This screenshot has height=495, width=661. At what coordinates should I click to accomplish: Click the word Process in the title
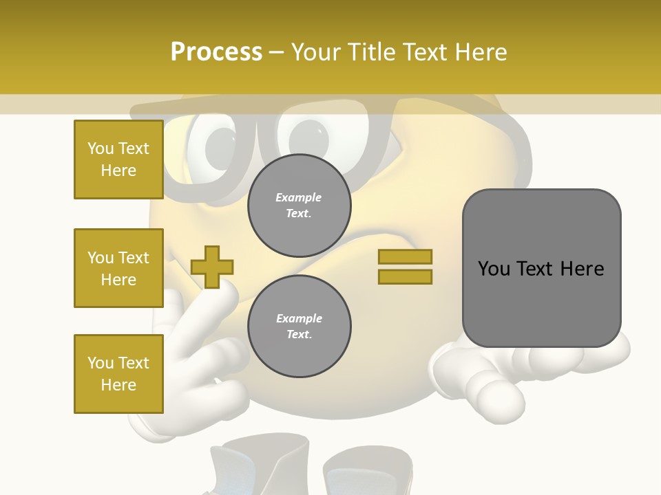[x=216, y=52]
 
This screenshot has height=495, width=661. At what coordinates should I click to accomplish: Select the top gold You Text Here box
[x=118, y=159]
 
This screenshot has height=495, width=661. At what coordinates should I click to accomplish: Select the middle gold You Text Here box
[x=118, y=268]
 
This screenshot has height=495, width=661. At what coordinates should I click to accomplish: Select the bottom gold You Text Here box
[x=118, y=374]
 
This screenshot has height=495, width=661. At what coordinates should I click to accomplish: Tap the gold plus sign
[x=212, y=267]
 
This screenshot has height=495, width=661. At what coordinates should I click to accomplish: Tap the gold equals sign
[x=405, y=267]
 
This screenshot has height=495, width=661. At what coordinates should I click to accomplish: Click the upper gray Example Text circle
[x=299, y=206]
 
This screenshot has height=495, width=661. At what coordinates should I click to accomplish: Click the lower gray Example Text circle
[x=299, y=327]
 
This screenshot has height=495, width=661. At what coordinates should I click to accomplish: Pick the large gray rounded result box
[x=541, y=268]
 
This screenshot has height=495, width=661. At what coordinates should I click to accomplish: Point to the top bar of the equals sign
[x=405, y=256]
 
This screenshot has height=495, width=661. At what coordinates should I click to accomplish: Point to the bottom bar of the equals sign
[x=405, y=277]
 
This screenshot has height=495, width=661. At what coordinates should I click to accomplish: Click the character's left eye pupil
[x=219, y=146]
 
